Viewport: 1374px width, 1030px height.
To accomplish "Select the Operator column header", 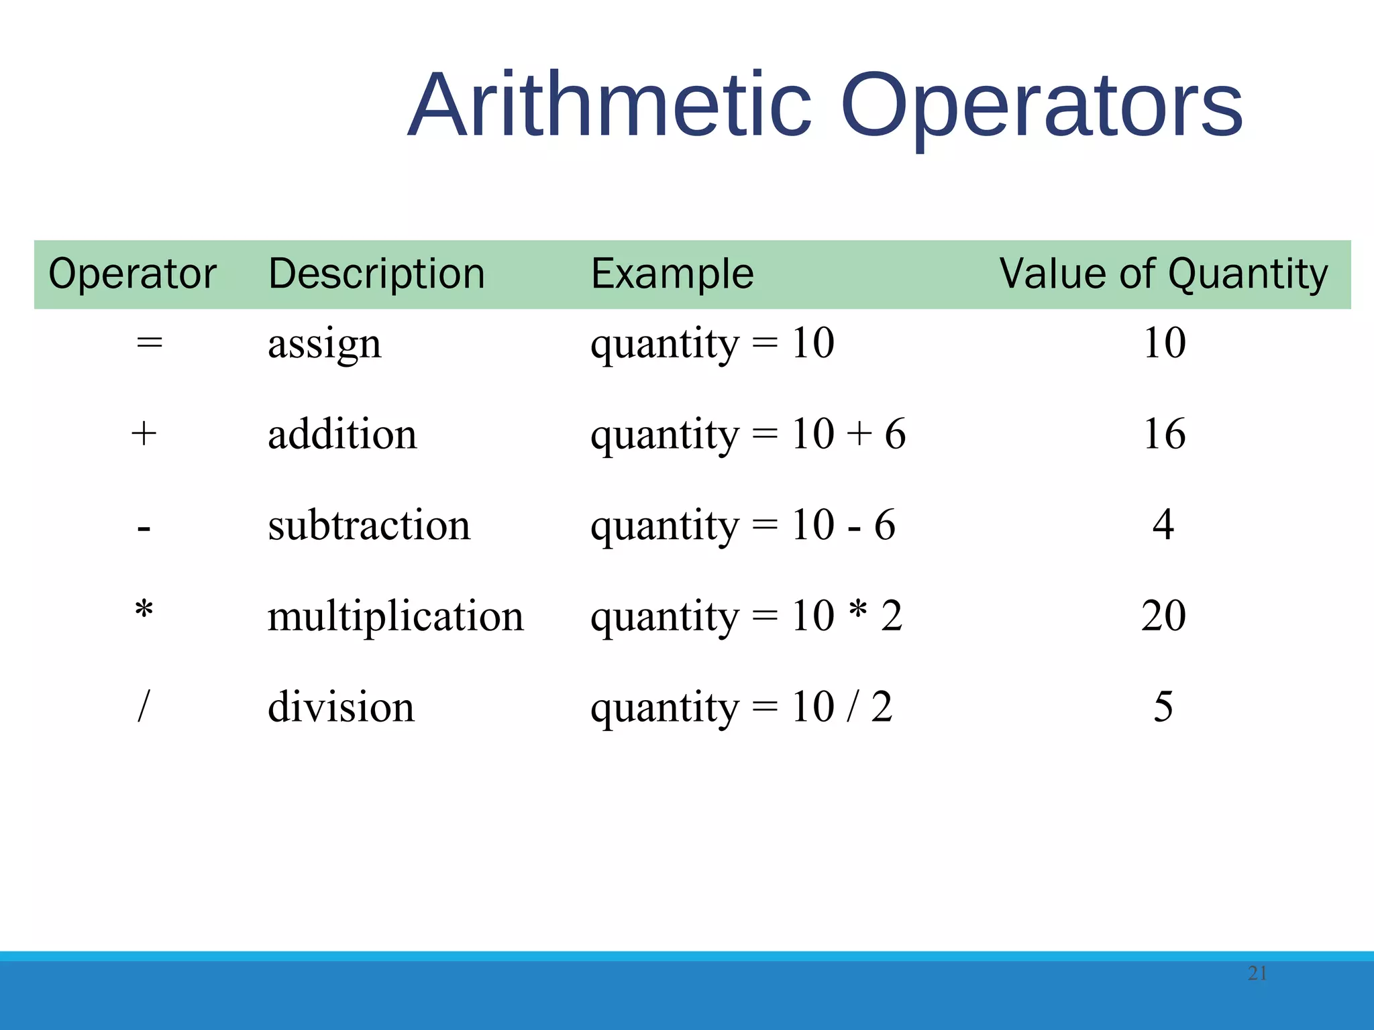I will click(132, 274).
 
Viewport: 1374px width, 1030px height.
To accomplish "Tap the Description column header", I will click(376, 274).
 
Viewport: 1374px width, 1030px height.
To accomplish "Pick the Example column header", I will click(672, 274).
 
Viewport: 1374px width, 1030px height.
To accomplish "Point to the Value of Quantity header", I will click(1163, 274).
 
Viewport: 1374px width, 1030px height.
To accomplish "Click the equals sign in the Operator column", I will click(149, 343).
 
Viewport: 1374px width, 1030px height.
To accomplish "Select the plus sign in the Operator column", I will click(144, 434).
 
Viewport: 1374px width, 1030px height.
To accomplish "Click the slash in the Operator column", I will click(143, 707).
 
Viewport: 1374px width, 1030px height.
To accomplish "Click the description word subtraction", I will click(369, 525).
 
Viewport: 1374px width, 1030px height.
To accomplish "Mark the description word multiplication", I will click(395, 616).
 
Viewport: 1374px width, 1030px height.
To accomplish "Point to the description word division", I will click(341, 707).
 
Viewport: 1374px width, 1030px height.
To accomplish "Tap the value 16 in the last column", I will click(1164, 434).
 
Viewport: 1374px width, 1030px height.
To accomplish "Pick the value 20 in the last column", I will click(1163, 616).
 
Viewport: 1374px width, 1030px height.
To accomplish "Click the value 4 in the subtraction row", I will click(1163, 525).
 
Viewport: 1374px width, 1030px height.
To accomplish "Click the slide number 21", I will click(1257, 973).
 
